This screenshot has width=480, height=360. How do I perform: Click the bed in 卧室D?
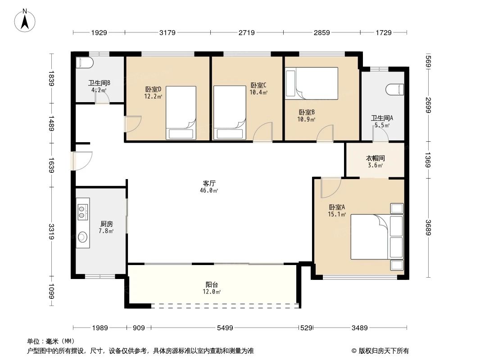click(x=181, y=113)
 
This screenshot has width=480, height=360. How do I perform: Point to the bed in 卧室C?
click(x=229, y=113)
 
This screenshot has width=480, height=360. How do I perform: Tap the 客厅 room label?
click(x=209, y=184)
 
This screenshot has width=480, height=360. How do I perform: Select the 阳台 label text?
click(x=212, y=284)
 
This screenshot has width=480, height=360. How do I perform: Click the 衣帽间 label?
click(x=375, y=158)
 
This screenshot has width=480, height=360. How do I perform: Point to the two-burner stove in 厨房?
click(x=82, y=211)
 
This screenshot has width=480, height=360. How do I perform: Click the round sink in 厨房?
click(x=82, y=237)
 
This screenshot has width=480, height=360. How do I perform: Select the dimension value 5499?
click(x=225, y=328)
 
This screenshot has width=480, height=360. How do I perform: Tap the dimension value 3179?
click(x=167, y=32)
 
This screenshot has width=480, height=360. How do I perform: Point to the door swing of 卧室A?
click(x=329, y=187)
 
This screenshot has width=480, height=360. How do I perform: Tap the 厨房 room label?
click(x=106, y=224)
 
